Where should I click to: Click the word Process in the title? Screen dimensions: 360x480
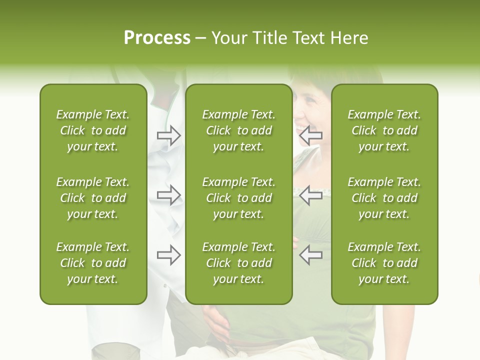point(157,38)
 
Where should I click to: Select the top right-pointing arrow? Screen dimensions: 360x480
point(168,135)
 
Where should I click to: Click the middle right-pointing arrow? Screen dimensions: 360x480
point(168,195)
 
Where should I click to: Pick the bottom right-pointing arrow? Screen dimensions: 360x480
point(168,255)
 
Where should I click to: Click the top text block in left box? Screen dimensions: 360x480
point(93,130)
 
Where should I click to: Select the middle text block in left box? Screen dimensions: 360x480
point(93,198)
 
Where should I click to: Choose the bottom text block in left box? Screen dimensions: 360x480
point(93,263)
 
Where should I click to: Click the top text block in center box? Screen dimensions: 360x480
point(238,130)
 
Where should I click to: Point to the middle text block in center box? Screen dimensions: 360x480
point(238,198)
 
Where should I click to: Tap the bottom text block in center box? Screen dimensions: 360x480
point(238,263)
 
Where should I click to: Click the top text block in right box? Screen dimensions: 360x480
point(384,130)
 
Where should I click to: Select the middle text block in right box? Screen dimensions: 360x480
point(384,198)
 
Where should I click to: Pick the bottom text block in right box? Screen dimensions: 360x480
point(384,263)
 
